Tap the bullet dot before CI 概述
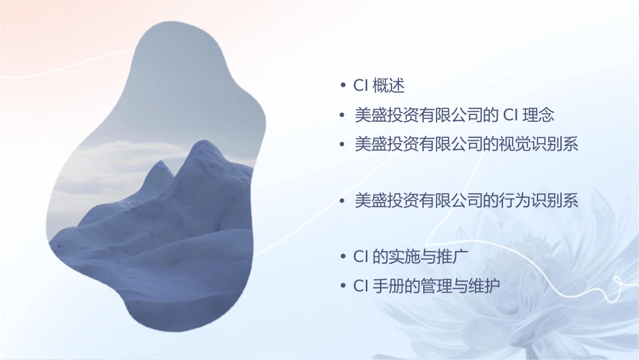point(342,86)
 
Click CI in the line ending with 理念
point(511,115)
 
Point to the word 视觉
point(514,144)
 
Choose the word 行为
point(514,201)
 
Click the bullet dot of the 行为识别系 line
point(342,201)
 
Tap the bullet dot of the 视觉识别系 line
point(342,144)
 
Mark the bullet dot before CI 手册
point(342,287)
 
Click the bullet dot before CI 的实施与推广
point(342,258)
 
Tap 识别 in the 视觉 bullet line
point(546,144)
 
